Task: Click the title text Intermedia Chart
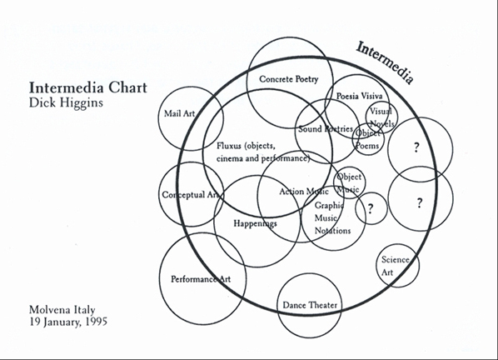tap(88, 87)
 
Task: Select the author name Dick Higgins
tap(66, 103)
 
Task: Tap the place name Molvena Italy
tap(62, 309)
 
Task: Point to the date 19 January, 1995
tap(68, 322)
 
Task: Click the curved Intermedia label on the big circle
tap(385, 62)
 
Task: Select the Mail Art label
tap(179, 113)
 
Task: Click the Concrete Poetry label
tap(289, 79)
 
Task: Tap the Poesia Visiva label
tap(360, 96)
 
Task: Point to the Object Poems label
tap(367, 139)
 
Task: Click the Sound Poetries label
tap(326, 128)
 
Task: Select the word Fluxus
tap(229, 146)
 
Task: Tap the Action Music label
tap(304, 192)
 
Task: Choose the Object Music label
tap(349, 183)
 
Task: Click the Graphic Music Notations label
tap(332, 218)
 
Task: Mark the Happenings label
tap(256, 223)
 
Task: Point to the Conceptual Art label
tap(191, 194)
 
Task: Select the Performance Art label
tap(201, 279)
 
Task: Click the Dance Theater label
tap(310, 305)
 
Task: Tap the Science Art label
tap(395, 266)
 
